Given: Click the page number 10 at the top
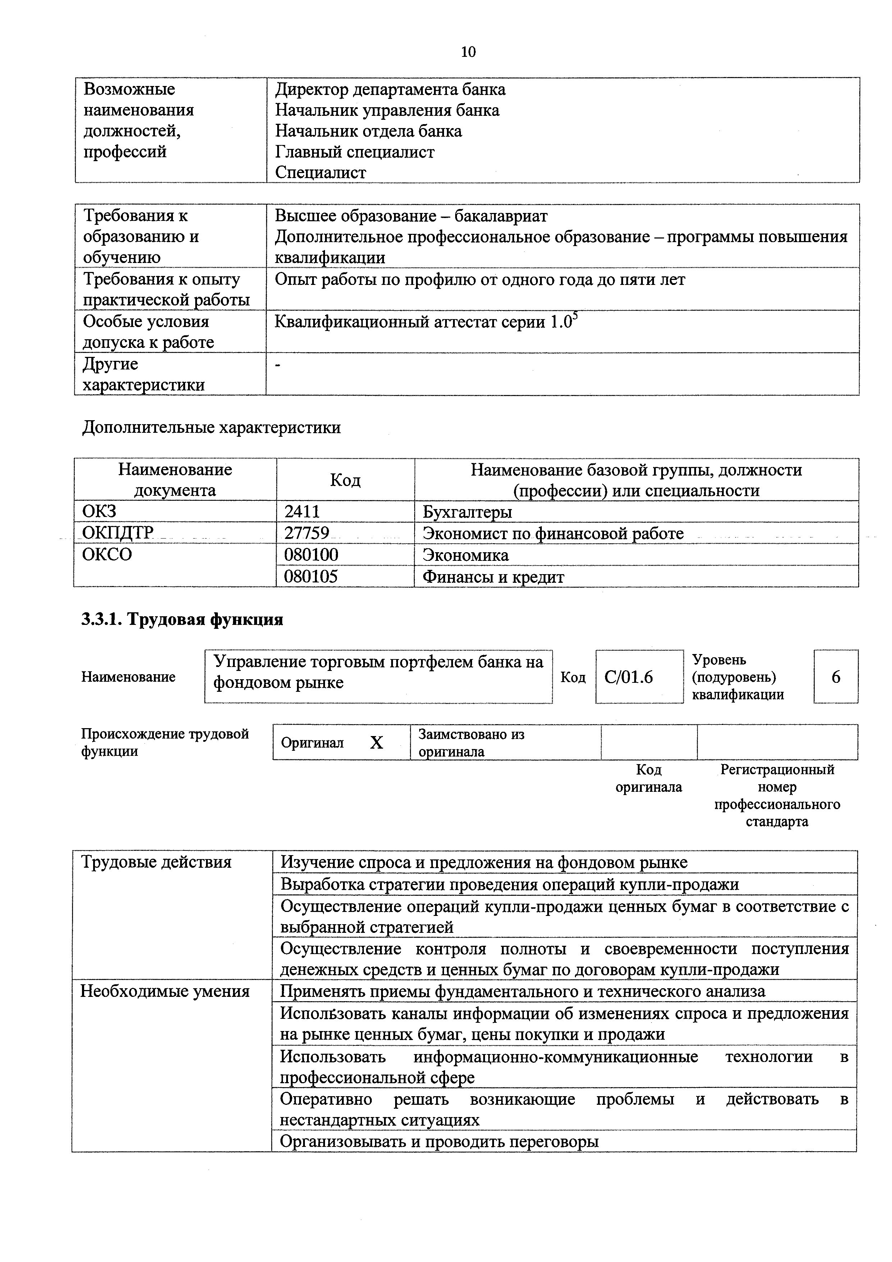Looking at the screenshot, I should pos(468,52).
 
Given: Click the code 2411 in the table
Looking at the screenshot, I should pos(302,512).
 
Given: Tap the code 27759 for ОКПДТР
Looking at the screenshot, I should pos(306,533).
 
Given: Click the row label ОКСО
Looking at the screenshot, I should pos(107,555).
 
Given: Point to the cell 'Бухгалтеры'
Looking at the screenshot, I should pos(467,512).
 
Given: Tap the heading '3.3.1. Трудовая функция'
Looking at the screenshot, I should pos(182,619).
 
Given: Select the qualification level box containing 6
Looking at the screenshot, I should pos(836,677).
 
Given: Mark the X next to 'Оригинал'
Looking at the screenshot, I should pos(376,743).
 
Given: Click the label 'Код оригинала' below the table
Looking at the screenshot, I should pos(649,778).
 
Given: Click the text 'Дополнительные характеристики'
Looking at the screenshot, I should pos(211,428).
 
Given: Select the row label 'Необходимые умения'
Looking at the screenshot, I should pos(165,991).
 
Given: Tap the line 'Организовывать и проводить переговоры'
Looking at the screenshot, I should pos(439,1141).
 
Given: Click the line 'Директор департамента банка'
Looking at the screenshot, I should pos(390,90).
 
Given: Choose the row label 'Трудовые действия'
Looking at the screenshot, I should pos(156,862).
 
